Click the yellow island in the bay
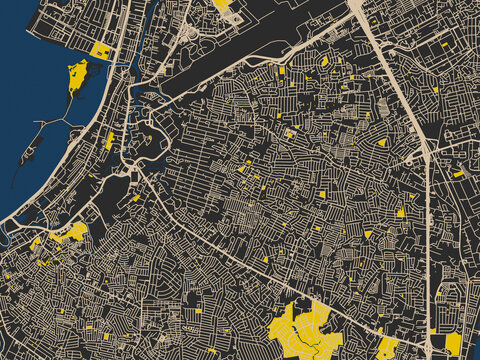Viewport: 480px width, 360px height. [77, 74]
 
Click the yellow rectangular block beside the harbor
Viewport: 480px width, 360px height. [100, 49]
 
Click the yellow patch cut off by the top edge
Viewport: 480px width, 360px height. [222, 4]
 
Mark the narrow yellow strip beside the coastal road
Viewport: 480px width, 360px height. [109, 140]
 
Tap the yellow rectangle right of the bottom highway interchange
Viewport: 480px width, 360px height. [453, 343]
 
